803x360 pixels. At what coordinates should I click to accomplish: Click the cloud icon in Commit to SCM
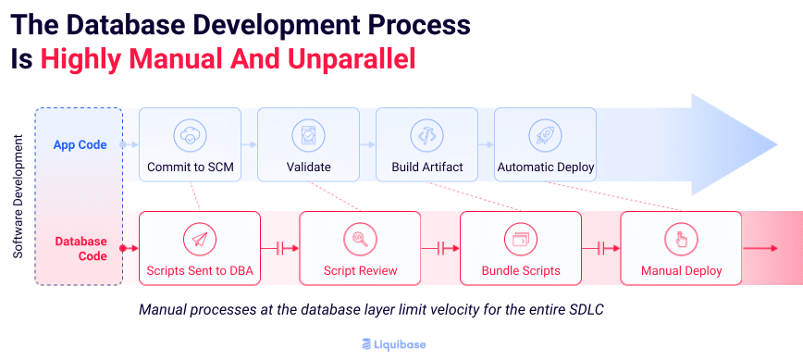[189, 135]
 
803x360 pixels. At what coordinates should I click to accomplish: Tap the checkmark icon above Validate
[307, 135]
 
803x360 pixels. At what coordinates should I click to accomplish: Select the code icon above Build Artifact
[426, 135]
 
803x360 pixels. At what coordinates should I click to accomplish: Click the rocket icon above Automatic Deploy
[545, 135]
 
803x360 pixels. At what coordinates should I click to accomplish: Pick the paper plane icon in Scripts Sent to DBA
[199, 239]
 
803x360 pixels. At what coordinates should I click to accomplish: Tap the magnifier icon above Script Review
[359, 239]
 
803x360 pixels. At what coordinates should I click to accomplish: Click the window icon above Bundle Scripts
[520, 239]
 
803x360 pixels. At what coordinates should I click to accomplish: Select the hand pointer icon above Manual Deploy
[680, 239]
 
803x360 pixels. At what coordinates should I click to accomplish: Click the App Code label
[80, 145]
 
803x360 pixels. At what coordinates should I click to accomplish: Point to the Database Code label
[80, 248]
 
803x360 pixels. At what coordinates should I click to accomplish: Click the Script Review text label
[360, 271]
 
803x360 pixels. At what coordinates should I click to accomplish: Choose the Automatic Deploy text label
[545, 168]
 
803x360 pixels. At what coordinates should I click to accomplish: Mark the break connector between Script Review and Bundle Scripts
[440, 248]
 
